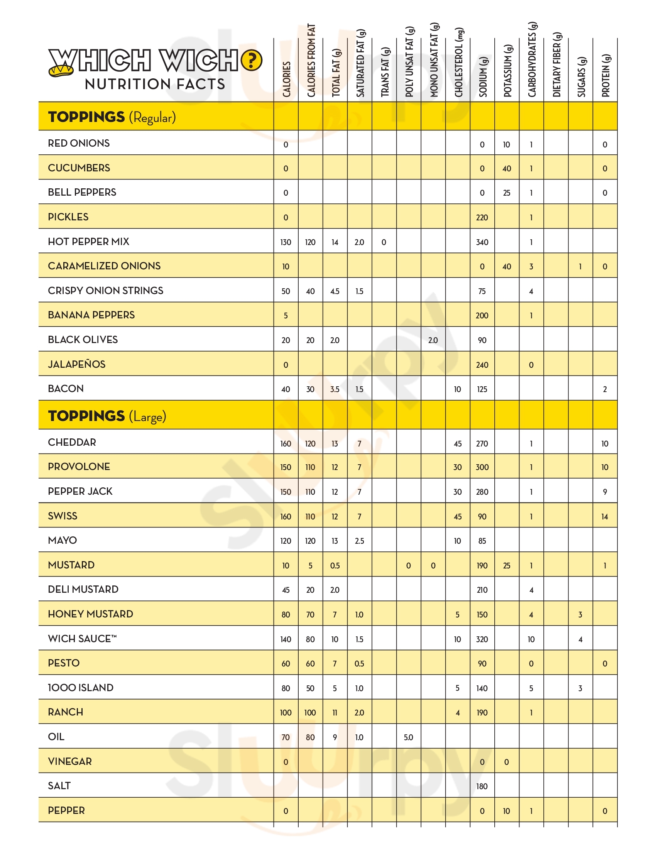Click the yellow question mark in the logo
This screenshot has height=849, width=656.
[252, 61]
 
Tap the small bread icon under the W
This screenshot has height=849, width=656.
[61, 70]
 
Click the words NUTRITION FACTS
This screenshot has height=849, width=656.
[155, 85]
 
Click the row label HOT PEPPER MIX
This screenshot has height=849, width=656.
[89, 242]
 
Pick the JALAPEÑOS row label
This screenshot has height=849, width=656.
[76, 364]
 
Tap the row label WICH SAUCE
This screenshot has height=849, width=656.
[82, 639]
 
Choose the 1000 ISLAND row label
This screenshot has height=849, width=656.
[80, 688]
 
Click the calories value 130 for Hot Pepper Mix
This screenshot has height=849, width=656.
[286, 242]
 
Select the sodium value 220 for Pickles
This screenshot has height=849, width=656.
[482, 218]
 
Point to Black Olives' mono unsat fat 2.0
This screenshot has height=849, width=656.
[433, 340]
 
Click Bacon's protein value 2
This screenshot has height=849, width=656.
[605, 389]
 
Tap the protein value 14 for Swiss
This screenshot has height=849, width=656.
[605, 517]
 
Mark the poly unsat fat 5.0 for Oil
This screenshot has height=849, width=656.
[408, 737]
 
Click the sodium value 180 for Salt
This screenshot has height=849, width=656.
[482, 786]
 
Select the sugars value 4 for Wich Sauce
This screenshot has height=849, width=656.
[580, 639]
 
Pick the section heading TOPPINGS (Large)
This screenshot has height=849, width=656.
[107, 416]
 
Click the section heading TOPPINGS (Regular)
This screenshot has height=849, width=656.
[112, 117]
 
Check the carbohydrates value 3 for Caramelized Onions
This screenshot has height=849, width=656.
[531, 267]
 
